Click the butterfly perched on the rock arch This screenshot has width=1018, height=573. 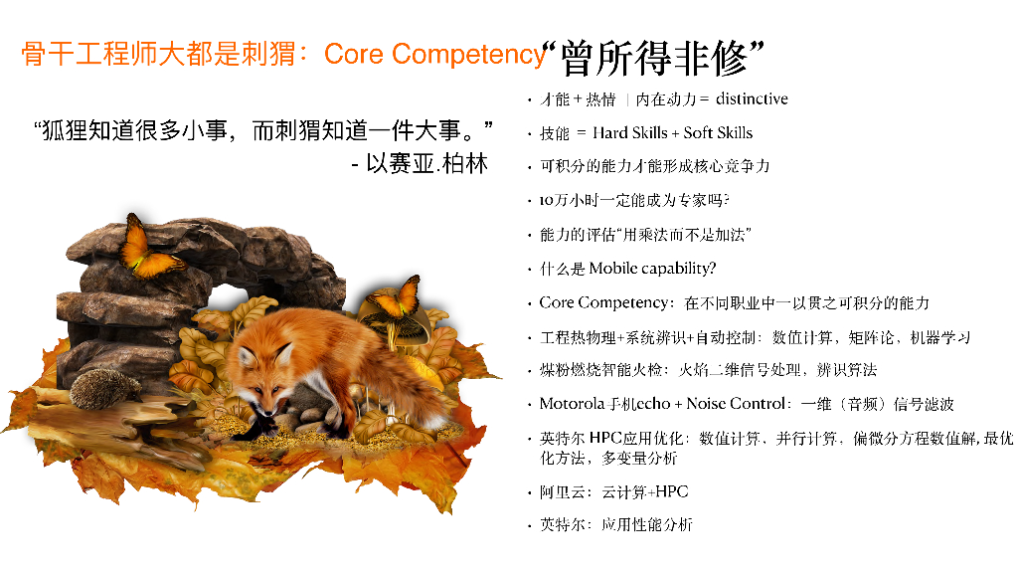point(145,246)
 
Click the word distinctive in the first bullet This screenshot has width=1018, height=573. point(752,98)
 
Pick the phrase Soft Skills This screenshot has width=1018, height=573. point(718,132)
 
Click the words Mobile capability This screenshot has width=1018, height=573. point(652,268)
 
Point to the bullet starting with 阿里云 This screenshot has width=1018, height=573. point(613,491)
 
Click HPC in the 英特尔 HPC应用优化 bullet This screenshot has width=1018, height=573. point(604,438)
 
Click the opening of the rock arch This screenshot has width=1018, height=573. point(231,303)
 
